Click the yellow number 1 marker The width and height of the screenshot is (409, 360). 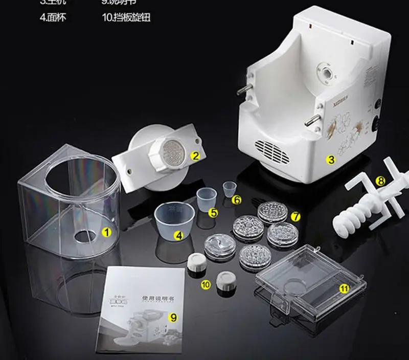pos(107,232)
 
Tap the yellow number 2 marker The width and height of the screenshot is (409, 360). pos(194,156)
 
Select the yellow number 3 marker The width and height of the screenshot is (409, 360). pos(331,160)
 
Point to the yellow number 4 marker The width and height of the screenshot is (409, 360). pos(178,236)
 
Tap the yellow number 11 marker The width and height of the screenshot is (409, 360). pos(344,288)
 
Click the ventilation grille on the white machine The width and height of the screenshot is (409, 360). pos(274,151)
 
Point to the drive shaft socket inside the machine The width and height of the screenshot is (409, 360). pos(324,71)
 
